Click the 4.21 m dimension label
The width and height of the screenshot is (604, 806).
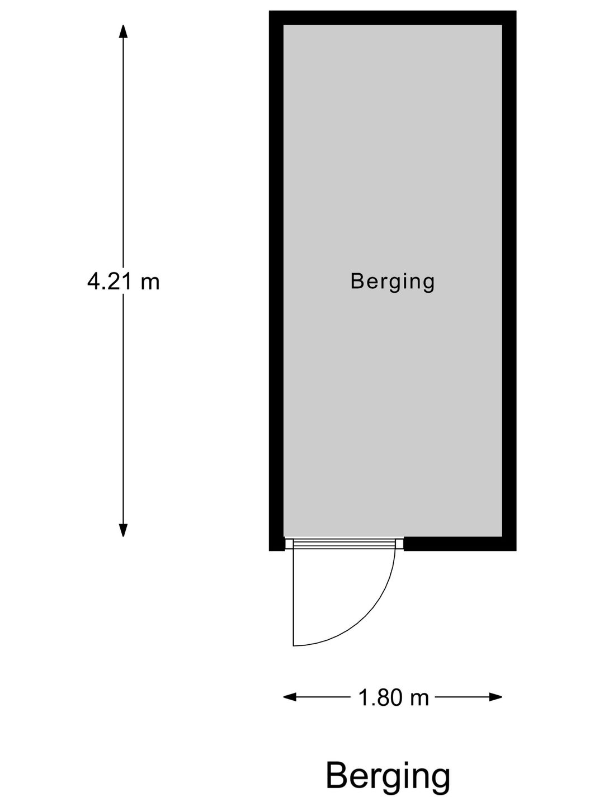(123, 282)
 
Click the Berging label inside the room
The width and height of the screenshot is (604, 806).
(393, 282)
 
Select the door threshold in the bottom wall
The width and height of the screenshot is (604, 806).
(344, 544)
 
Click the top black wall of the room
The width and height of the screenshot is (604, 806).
(393, 17)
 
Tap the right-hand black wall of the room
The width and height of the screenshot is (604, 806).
(509, 280)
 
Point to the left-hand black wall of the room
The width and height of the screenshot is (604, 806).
(276, 280)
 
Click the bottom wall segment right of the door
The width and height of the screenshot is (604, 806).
(460, 544)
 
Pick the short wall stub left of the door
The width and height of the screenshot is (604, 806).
(276, 544)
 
